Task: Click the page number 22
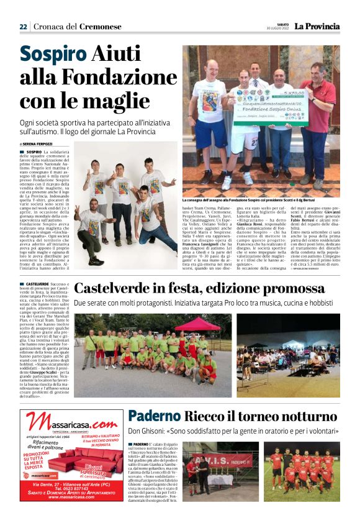23,27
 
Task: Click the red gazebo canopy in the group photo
197,324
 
